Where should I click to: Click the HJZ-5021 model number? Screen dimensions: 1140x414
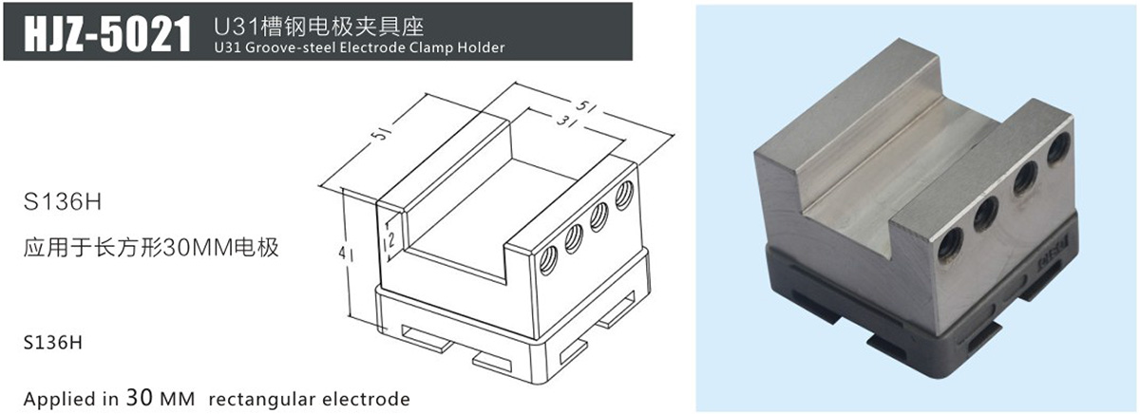[x=107, y=33]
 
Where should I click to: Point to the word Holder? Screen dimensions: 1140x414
[x=481, y=47]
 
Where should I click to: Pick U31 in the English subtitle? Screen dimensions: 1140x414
[x=227, y=47]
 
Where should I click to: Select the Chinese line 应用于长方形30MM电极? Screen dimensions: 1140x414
[x=151, y=248]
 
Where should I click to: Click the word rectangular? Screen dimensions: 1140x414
[x=258, y=399]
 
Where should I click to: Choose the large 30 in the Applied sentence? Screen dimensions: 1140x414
[x=139, y=397]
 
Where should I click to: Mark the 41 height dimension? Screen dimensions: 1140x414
[x=346, y=253]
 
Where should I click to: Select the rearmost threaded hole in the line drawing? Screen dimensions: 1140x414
[x=624, y=196]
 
